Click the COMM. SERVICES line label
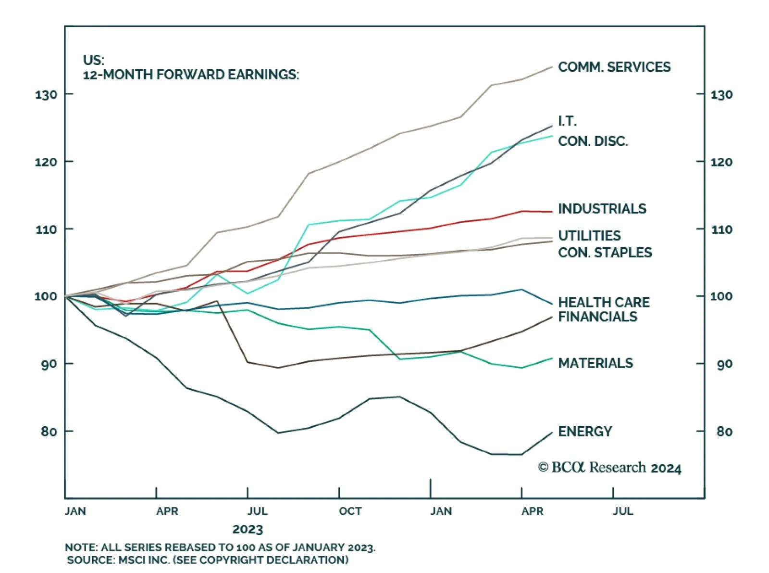tap(614, 67)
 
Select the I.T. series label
tap(567, 121)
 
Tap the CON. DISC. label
tap(593, 141)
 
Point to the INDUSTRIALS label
tap(602, 208)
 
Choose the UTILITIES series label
tap(589, 235)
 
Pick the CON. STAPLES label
tap(605, 252)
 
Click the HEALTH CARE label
tap(604, 302)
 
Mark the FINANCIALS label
tap(597, 317)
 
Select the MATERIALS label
tap(595, 363)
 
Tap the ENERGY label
tap(585, 431)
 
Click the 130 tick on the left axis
tap(46, 95)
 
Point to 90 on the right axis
tap(724, 364)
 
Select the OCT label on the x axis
tap(350, 511)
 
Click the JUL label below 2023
tap(258, 511)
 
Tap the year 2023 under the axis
tap(248, 529)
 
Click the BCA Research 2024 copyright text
tap(609, 468)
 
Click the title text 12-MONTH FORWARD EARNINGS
tap(191, 75)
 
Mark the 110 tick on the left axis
tap(46, 229)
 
